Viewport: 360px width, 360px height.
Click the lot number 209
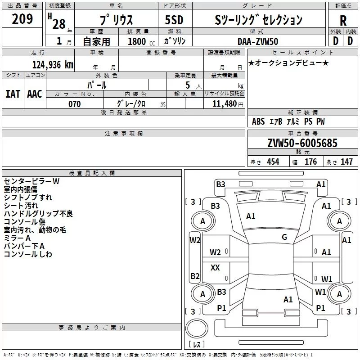point(22,19)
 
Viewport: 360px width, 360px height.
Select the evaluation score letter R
point(343,21)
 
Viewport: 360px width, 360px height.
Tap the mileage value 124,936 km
point(53,65)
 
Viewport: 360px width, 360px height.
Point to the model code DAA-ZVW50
point(258,41)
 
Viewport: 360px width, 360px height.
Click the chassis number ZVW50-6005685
point(302,143)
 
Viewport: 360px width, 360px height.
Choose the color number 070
point(74,104)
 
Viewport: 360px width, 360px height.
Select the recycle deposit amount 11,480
point(224,104)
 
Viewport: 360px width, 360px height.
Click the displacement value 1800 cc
point(141,41)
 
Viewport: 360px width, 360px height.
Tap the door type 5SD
point(174,20)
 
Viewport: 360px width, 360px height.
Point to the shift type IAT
point(13,94)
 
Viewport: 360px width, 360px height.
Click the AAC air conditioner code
point(35,94)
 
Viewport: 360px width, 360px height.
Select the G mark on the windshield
point(284,237)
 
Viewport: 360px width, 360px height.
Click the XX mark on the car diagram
point(215,267)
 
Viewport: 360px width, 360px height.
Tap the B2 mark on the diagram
point(195,276)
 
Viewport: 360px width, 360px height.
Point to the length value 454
point(273,162)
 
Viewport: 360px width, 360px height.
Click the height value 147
point(346,162)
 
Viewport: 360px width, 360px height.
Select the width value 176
point(310,162)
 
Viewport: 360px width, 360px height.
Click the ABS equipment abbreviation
point(258,121)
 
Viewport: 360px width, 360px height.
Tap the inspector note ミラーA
point(17,238)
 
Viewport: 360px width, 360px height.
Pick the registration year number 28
point(59,24)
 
